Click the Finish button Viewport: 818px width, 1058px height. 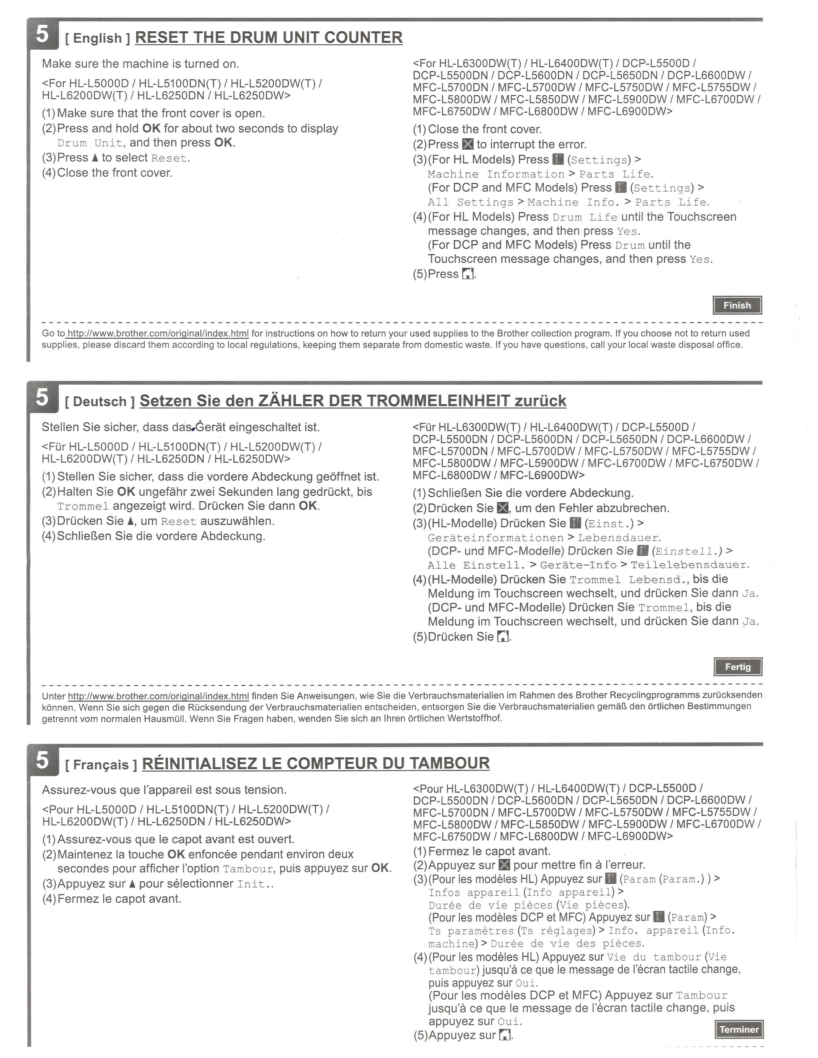click(x=737, y=305)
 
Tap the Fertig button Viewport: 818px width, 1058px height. click(x=737, y=667)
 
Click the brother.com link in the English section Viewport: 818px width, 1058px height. click(x=158, y=333)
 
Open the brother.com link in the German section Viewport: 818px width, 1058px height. click(x=158, y=696)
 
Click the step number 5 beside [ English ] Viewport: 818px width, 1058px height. click(x=43, y=34)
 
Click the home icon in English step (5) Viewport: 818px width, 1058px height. click(x=468, y=274)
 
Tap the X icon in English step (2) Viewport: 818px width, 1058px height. click(x=468, y=144)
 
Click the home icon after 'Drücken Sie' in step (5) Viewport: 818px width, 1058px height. click(x=503, y=636)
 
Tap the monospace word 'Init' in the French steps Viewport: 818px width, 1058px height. click(x=251, y=884)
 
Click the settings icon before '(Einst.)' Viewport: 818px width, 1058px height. click(x=575, y=523)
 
